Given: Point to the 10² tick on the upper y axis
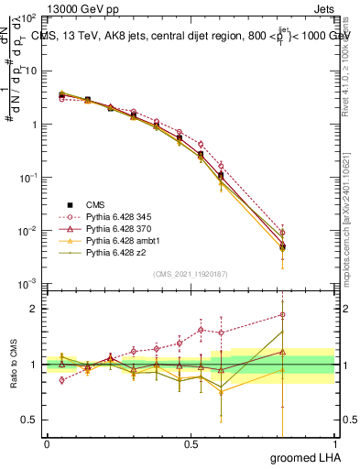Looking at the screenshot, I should (x=28, y=18).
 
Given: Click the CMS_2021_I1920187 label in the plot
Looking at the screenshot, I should (x=190, y=272).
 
